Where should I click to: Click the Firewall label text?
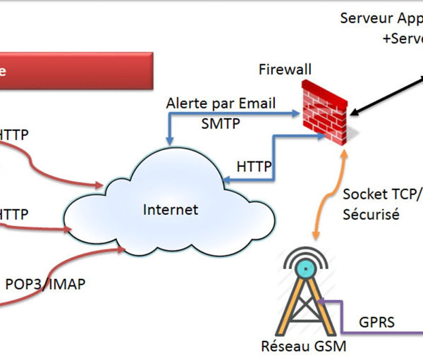[285, 70]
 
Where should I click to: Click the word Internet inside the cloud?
[171, 209]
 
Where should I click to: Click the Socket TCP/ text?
[381, 194]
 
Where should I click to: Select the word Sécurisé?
[371, 214]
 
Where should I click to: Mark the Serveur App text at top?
[381, 18]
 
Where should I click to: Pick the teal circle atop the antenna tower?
[305, 268]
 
